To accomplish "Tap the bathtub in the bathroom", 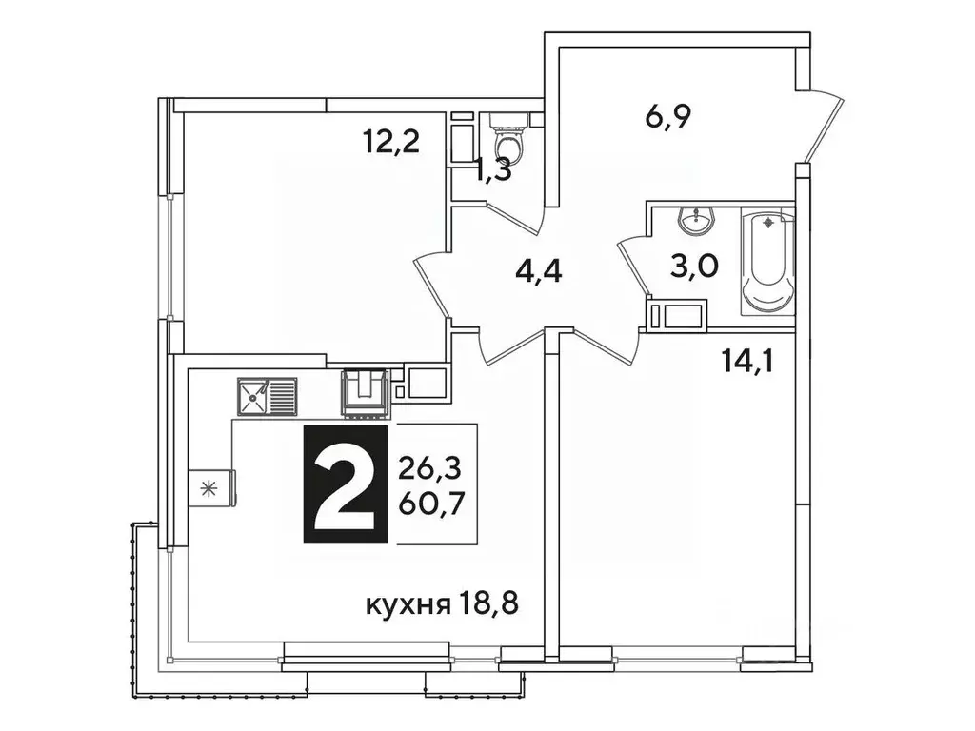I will (767, 262).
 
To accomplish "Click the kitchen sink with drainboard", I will (268, 396).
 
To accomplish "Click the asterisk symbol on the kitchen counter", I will (209, 489).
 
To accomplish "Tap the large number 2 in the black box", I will (345, 484).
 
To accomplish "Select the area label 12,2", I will (391, 142).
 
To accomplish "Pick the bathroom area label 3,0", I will (693, 267).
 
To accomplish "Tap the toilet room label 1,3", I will (492, 171).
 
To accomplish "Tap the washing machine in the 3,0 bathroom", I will (676, 312).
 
